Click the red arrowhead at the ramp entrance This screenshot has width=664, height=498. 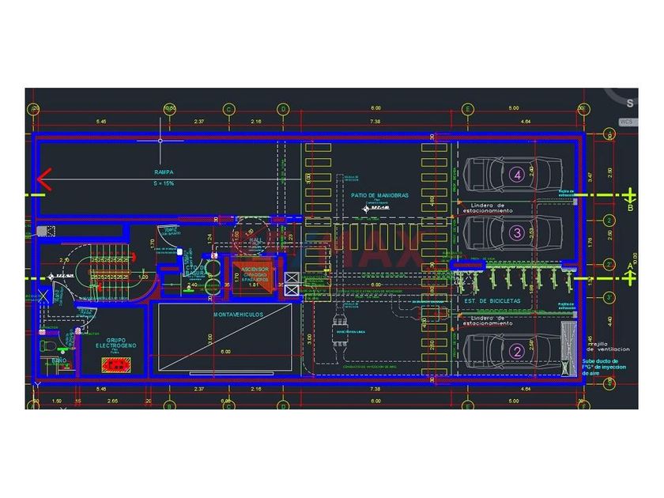point(43,180)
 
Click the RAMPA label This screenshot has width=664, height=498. point(164,172)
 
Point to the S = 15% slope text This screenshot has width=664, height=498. point(164,183)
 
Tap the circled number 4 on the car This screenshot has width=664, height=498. point(517,175)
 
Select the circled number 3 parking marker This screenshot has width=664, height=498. point(515,232)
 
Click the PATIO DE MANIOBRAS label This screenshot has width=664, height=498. point(380,194)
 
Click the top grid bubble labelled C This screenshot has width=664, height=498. point(228,108)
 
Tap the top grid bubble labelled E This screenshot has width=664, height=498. point(468,108)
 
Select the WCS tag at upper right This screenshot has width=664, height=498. point(627,122)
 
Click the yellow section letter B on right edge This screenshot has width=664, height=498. point(630,209)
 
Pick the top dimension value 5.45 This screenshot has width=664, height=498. point(101,122)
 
